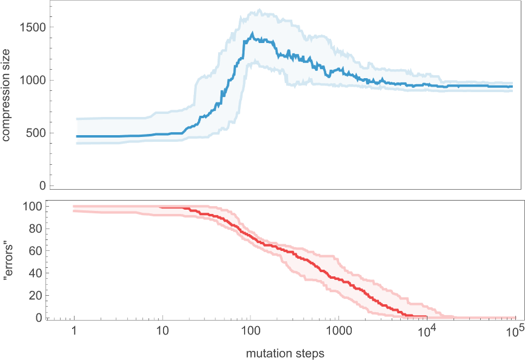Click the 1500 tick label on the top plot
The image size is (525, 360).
(x=31, y=27)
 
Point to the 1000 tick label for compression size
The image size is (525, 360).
(x=31, y=80)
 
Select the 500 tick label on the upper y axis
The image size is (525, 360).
(x=34, y=133)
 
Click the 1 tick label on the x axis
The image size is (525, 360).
(x=74, y=332)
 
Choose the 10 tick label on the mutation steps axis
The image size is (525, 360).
(x=162, y=332)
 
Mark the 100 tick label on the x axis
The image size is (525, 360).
(x=250, y=332)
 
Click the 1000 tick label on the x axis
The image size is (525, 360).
(x=338, y=332)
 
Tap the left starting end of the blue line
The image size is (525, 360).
(x=76, y=136)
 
